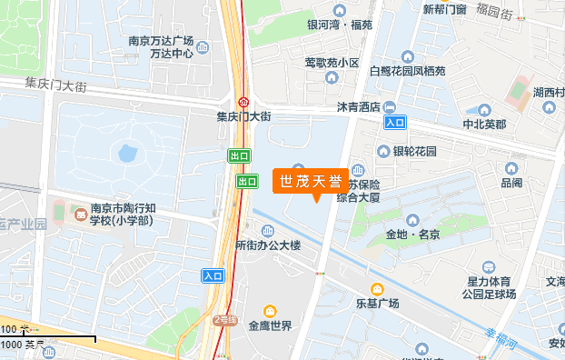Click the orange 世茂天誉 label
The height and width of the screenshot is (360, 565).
coord(309,180)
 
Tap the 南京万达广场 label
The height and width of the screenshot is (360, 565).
coord(161,41)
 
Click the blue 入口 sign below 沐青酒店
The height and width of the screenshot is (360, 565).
coord(395,122)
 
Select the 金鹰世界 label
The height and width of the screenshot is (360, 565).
coord(270,325)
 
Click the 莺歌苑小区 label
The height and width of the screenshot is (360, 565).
coord(332,63)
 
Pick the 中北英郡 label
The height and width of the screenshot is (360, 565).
coord(484,125)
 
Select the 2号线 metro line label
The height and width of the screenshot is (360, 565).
coord(224,320)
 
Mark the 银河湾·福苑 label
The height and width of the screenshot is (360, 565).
coord(340,25)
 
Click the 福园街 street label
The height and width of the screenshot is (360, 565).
coord(494,12)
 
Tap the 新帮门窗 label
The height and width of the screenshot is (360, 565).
coord(445,9)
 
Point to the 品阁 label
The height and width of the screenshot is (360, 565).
coord(510,183)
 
